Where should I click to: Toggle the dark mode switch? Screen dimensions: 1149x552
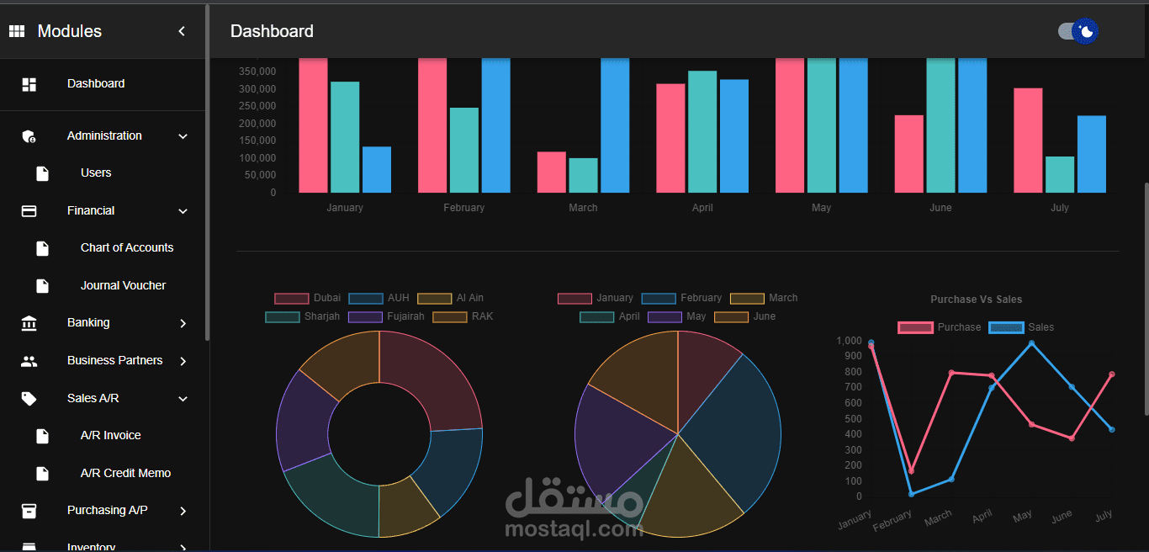[1078, 31]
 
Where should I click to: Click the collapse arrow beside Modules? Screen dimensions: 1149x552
[182, 31]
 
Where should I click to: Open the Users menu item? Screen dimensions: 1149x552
[96, 172]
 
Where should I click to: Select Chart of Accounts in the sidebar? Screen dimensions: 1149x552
[127, 247]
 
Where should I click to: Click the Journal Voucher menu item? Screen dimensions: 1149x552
[123, 285]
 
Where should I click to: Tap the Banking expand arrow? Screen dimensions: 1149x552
[183, 323]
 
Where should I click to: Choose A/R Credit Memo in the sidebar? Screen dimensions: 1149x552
[125, 473]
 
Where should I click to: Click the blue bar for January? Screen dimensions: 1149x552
[377, 170]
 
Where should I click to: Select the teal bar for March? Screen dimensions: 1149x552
[583, 176]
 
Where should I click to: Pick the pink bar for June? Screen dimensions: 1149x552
[909, 154]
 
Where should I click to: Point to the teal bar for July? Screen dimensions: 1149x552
[1060, 174]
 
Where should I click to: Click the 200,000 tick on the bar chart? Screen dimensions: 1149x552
[257, 123]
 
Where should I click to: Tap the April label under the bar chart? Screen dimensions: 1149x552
[702, 208]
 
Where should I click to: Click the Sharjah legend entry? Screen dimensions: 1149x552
[303, 316]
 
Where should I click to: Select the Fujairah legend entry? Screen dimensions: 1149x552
[386, 316]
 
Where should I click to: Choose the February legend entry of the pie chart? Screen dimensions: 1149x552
[681, 298]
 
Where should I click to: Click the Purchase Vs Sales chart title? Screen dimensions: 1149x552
[976, 300]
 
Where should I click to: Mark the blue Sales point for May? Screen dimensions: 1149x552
[1031, 343]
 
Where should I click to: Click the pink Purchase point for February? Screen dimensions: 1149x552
[911, 471]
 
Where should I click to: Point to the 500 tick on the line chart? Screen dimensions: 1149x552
[854, 418]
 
